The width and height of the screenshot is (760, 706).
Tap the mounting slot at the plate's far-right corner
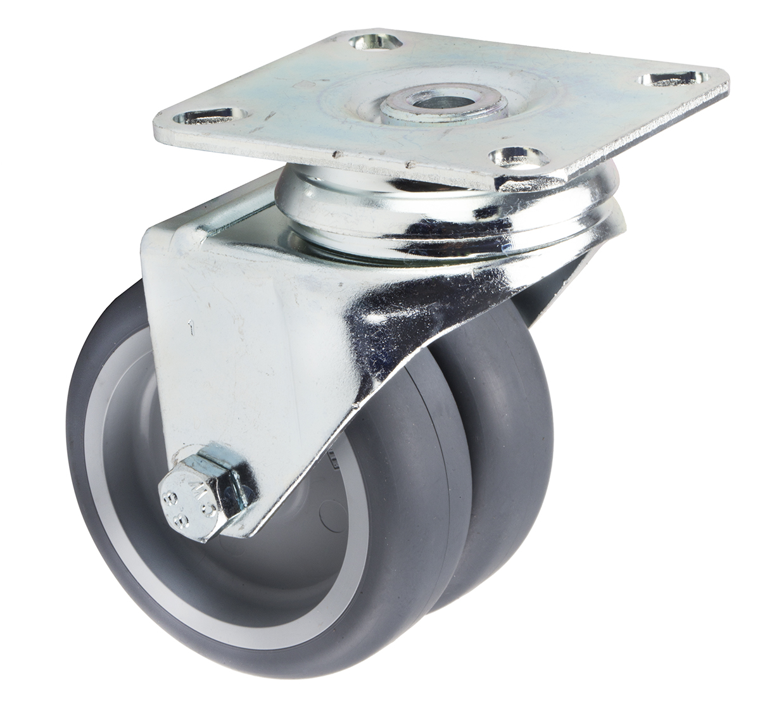coord(671,79)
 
